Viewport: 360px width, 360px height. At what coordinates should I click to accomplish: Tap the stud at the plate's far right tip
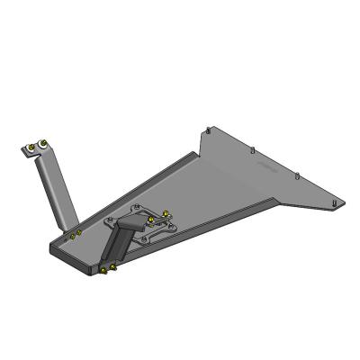(x=337, y=204)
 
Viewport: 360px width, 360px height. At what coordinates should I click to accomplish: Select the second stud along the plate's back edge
(x=256, y=148)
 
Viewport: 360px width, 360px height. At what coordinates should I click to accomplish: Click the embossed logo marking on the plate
(x=262, y=167)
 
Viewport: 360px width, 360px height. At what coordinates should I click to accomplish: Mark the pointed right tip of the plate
(x=343, y=200)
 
